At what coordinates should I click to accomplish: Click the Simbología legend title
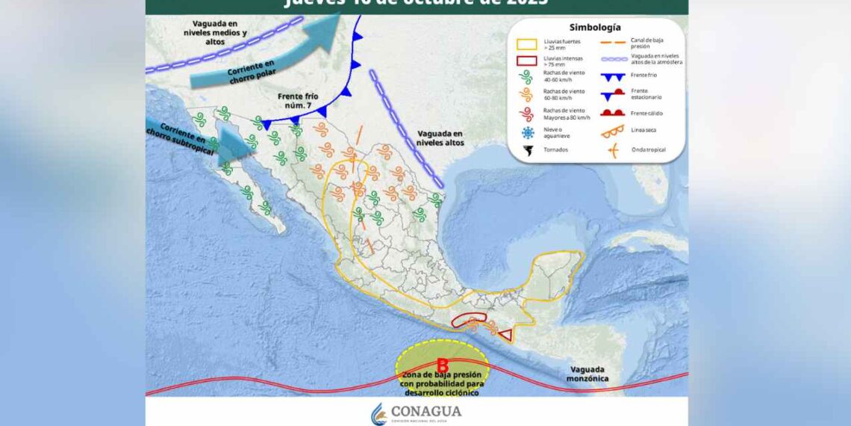coord(594,27)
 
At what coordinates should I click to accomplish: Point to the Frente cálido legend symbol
coord(612,113)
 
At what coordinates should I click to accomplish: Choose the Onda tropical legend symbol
coord(613,149)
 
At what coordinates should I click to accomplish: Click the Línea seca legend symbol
coord(612,131)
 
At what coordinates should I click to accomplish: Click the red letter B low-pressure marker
coord(442,366)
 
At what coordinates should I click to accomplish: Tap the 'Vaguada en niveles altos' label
coord(440,138)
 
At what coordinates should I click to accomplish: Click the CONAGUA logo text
coord(426,411)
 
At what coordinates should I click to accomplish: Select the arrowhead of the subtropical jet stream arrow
coord(243,146)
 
